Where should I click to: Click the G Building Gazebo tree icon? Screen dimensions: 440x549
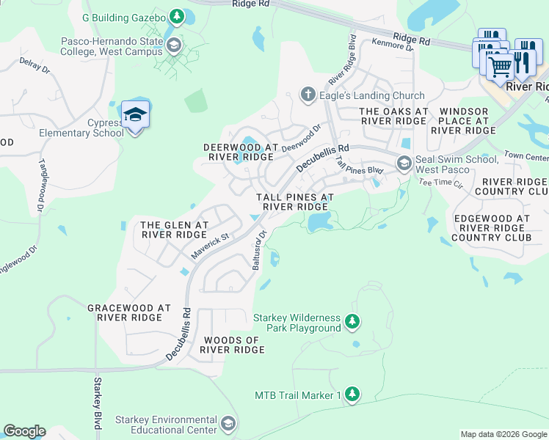coord(176,16)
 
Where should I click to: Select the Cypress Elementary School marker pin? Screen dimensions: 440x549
coord(136,116)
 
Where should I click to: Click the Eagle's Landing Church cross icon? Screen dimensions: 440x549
coord(308,95)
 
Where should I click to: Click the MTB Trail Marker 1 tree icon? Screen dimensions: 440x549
coord(352,395)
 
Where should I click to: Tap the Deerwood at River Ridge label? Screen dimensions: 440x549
coord(240,152)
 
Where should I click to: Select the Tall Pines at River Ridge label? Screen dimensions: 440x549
coord(294,202)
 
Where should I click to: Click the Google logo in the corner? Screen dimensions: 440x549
coord(24,431)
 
